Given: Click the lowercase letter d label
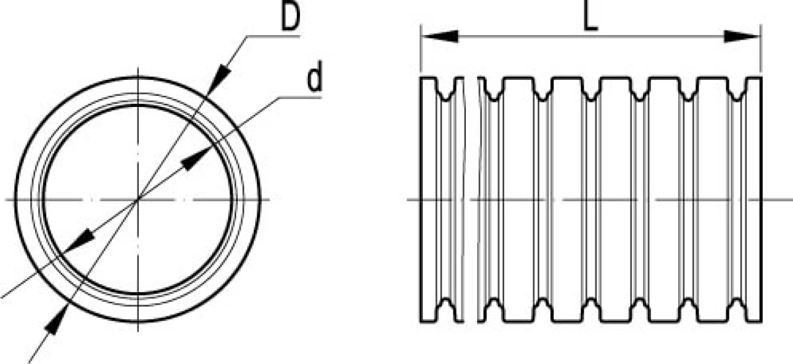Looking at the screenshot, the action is click(x=315, y=77).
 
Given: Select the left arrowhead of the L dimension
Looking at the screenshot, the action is click(x=440, y=36).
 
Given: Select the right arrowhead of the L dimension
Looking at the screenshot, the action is click(x=742, y=36).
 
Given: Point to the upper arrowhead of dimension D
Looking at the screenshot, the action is click(x=219, y=80).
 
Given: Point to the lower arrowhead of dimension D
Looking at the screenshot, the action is click(x=56, y=320).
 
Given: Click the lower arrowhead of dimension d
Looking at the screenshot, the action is click(x=80, y=240).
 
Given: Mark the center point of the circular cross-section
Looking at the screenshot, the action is click(x=137, y=200).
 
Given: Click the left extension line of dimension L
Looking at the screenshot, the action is click(x=420, y=49).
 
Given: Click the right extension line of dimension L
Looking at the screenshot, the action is click(x=761, y=49).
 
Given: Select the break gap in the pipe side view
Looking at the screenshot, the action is click(x=471, y=200).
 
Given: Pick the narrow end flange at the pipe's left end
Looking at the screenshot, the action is click(x=429, y=200).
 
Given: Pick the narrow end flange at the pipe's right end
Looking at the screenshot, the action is click(x=754, y=200).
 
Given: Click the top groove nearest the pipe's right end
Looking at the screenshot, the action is click(x=737, y=91).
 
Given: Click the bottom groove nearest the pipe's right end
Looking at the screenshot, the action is click(x=737, y=310).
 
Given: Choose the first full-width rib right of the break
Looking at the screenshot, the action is click(x=518, y=200).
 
